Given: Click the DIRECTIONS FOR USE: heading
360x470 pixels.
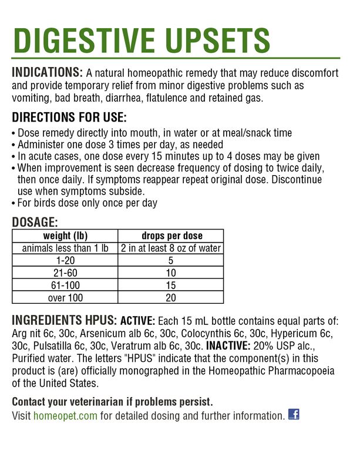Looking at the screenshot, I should coord(69,117).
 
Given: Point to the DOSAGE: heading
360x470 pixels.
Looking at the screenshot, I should coord(35,222).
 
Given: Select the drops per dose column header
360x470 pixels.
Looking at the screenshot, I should coord(170,236).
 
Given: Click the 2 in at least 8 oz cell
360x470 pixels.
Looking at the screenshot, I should coord(170,248).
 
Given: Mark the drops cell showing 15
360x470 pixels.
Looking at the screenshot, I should coord(170,285).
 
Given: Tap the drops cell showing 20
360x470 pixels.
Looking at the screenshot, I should coord(170,297).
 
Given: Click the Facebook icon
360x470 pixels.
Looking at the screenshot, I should coord(294,414).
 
